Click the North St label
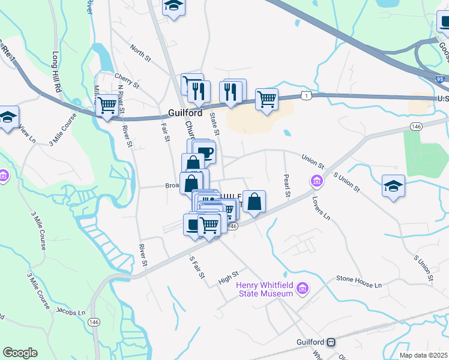pyautogui.click(x=140, y=53)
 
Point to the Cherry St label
pyautogui.click(x=127, y=81)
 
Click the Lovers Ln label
pyautogui.click(x=322, y=207)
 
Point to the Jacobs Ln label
pyautogui.click(x=71, y=312)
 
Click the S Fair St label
pyautogui.click(x=197, y=267)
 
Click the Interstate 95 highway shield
pyautogui.click(x=441, y=79)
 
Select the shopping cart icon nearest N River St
pyautogui.click(x=107, y=106)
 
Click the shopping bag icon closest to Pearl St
pyautogui.click(x=255, y=202)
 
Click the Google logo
pyautogui.click(x=20, y=353)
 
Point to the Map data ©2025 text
pyautogui.click(x=423, y=355)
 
